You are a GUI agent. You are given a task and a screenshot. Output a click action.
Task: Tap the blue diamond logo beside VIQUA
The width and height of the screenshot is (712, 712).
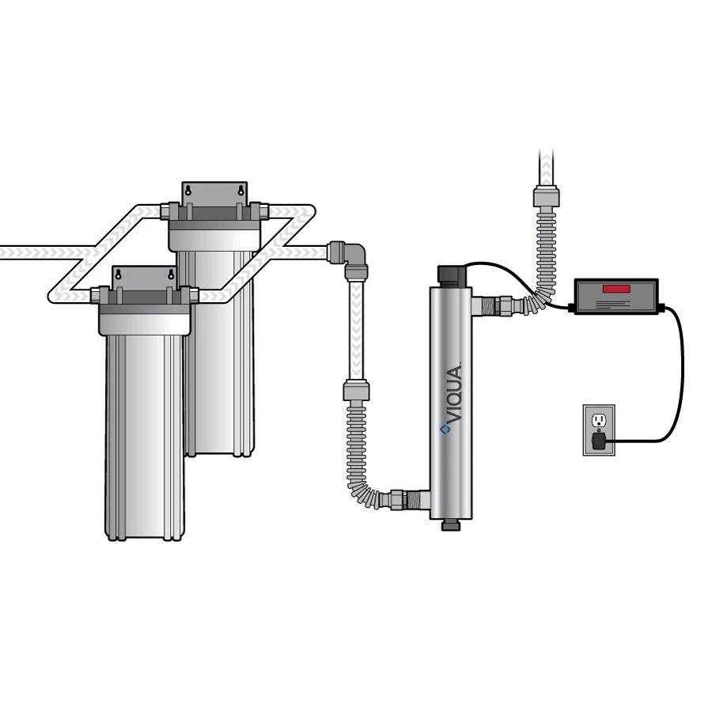(445, 430)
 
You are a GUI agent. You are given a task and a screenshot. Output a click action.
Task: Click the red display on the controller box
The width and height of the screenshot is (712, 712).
(616, 289)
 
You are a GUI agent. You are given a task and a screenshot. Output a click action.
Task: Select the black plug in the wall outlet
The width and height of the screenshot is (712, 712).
(599, 441)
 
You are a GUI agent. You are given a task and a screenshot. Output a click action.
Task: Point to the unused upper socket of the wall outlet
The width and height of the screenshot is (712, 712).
(599, 421)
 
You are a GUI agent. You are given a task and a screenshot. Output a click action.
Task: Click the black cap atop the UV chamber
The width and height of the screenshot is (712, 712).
(451, 275)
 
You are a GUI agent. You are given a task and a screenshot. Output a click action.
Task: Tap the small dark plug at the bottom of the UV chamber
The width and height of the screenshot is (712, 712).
(451, 525)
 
